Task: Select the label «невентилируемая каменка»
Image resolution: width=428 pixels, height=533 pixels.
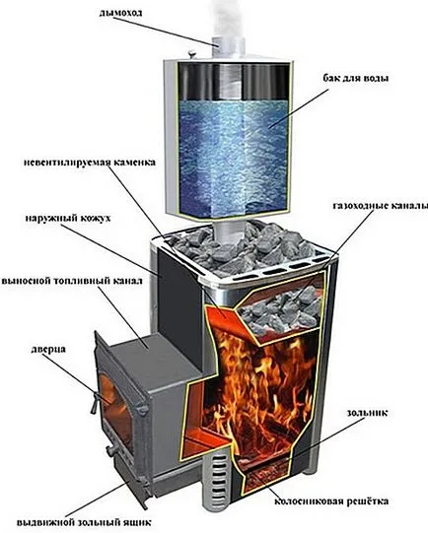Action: pyautogui.click(x=90, y=163)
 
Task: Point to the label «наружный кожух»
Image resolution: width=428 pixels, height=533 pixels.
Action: pyautogui.click(x=68, y=218)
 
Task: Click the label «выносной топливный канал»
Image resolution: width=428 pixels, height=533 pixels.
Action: pyautogui.click(x=72, y=282)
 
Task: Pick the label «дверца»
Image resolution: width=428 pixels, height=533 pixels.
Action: pyautogui.click(x=48, y=350)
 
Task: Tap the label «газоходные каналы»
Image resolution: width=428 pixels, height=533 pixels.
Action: pyautogui.click(x=380, y=206)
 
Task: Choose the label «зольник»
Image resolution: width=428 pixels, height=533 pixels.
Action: pyautogui.click(x=367, y=413)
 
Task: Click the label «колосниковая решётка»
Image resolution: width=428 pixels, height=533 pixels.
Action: pyautogui.click(x=331, y=500)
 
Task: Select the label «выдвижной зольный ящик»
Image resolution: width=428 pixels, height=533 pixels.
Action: pyautogui.click(x=84, y=522)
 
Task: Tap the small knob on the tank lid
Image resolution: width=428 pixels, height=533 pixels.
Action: pyautogui.click(x=192, y=54)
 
